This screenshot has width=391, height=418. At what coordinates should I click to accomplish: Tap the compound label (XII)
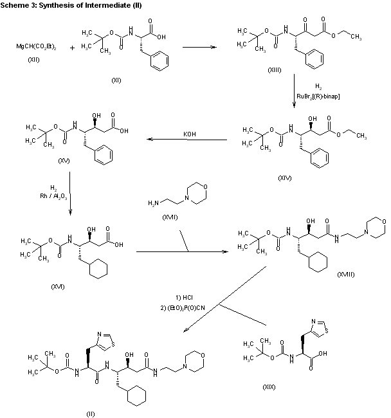tap(33, 59)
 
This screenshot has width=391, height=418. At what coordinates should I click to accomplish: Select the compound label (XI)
tap(116, 80)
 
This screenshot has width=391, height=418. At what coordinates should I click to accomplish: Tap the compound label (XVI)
tap(57, 286)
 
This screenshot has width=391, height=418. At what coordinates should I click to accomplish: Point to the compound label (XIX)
tap(268, 386)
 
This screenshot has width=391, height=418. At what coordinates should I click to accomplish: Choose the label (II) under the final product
tap(90, 413)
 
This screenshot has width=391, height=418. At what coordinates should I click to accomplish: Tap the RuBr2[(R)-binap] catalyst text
tap(319, 96)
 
